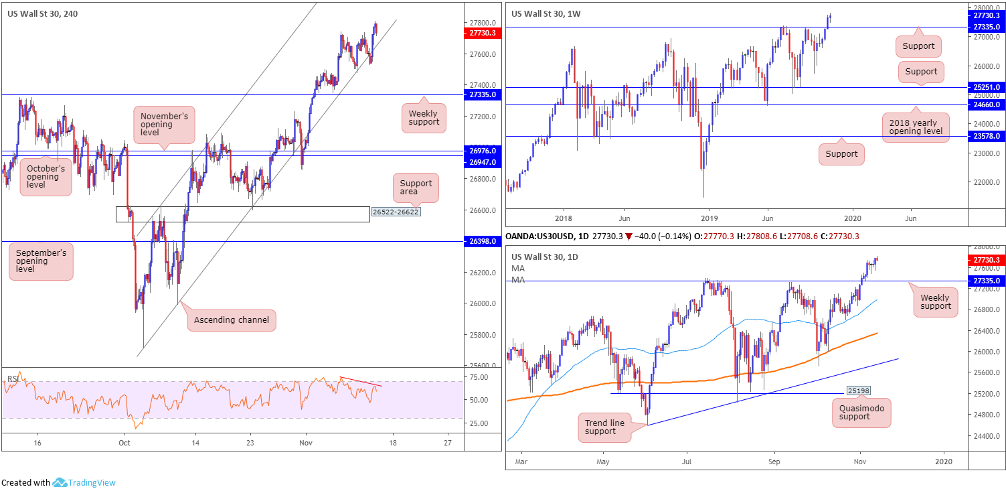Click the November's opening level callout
(x=164, y=125)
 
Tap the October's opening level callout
(x=45, y=176)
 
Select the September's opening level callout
(x=41, y=261)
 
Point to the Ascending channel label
(x=231, y=320)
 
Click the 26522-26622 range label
(x=396, y=212)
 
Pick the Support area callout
(x=416, y=188)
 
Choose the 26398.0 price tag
(x=482, y=241)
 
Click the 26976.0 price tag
(x=482, y=151)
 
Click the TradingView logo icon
(x=60, y=482)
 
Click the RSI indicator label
(x=11, y=378)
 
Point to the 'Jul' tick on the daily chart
(x=687, y=462)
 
